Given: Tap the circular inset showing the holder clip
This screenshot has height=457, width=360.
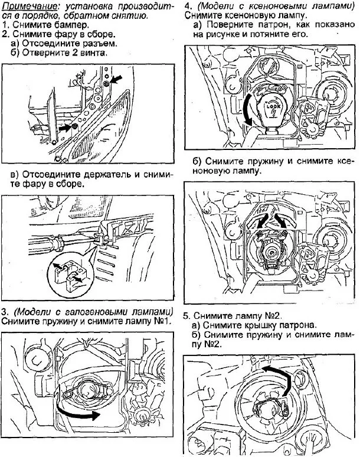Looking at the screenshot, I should (x=68, y=273).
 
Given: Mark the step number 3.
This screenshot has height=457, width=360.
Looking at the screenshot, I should (x=5, y=311).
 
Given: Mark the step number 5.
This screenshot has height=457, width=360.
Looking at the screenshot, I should (x=187, y=315).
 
